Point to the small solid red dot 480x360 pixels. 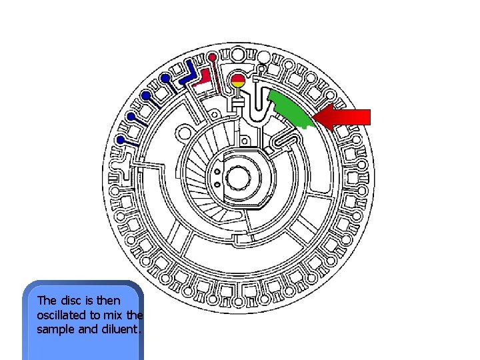tap(212, 56)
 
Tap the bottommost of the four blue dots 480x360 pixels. tap(121, 140)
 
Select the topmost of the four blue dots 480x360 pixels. tap(165, 79)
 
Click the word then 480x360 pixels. tap(108, 301)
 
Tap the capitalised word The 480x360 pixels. tap(47, 301)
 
